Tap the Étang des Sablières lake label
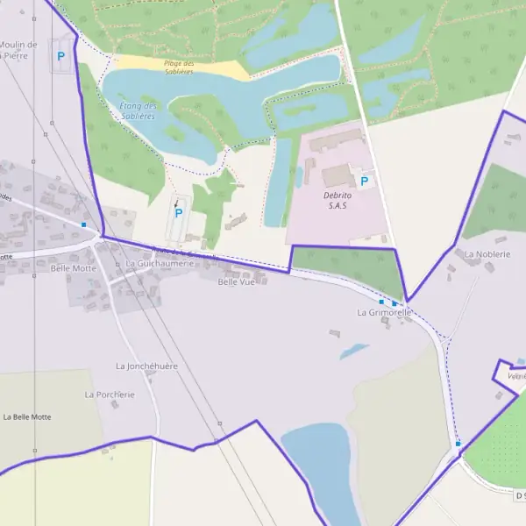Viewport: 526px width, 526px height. [x=137, y=110]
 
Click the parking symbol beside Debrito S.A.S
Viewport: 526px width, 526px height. [x=365, y=181]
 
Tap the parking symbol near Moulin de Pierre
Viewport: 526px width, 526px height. [x=60, y=56]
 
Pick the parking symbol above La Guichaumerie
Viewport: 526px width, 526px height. [x=179, y=212]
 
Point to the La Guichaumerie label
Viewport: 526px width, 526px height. [x=159, y=263]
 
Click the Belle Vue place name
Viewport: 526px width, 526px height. [x=236, y=282]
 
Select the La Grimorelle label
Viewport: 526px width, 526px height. [x=384, y=312]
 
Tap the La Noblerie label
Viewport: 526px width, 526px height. [x=481, y=254]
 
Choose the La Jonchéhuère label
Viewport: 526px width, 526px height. [x=146, y=366]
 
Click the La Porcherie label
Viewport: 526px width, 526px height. [x=110, y=394]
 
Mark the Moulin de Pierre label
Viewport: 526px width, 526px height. [x=18, y=50]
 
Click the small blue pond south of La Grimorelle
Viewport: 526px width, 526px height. [x=354, y=351]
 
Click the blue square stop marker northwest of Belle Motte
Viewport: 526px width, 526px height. [x=83, y=224]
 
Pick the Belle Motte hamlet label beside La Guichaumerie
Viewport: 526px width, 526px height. [x=73, y=268]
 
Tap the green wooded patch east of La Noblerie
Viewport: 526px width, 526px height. [x=496, y=202]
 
